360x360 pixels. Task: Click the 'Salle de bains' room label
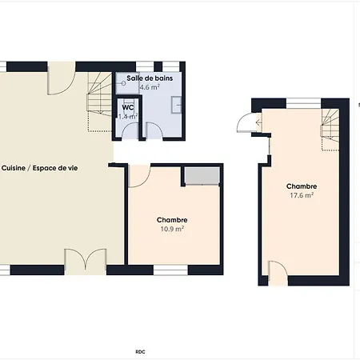pyautogui.click(x=150, y=78)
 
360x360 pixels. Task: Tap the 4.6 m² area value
pyautogui.click(x=150, y=87)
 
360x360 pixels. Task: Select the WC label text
pyautogui.click(x=128, y=107)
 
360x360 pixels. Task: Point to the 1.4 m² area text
pyautogui.click(x=128, y=117)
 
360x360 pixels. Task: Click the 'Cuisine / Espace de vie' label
pyautogui.click(x=39, y=168)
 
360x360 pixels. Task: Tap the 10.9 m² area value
pyautogui.click(x=172, y=229)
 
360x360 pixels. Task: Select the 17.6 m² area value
pyautogui.click(x=302, y=195)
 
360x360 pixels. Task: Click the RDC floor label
pyautogui.click(x=140, y=352)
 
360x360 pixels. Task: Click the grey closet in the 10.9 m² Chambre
pyautogui.click(x=202, y=175)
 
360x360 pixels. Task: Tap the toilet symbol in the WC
pyautogui.click(x=128, y=102)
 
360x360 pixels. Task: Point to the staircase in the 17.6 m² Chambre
pyautogui.click(x=330, y=130)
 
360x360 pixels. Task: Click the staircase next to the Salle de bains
pyautogui.click(x=99, y=102)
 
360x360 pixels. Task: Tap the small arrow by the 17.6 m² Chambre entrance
pyautogui.click(x=258, y=122)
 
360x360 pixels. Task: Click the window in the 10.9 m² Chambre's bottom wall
pyautogui.click(x=170, y=270)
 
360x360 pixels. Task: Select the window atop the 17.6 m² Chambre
pyautogui.click(x=303, y=103)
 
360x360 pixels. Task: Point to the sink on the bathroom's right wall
pyautogui.click(x=176, y=105)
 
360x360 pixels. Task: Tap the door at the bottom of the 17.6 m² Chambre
pyautogui.click(x=278, y=272)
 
